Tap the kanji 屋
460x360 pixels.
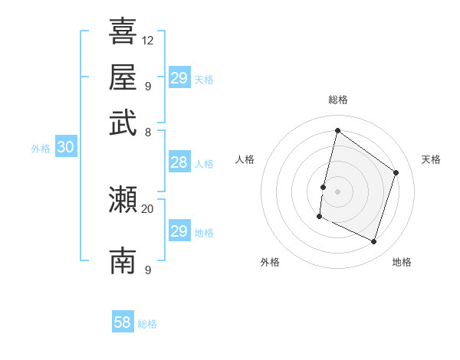pos(123,77)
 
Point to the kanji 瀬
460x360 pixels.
pos(123,200)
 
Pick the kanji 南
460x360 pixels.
pos(123,261)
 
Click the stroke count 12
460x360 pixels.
pos(148,40)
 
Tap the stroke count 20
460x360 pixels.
pos(148,208)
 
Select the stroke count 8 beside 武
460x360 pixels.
pos(147,132)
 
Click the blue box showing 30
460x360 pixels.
pos(65,148)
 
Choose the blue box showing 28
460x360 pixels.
pos(179,162)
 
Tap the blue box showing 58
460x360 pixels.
pos(123,322)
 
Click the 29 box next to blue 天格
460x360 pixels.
pos(179,78)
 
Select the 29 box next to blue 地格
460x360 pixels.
pos(179,231)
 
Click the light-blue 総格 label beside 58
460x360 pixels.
pos(147,324)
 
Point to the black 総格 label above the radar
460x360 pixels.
pos(337,100)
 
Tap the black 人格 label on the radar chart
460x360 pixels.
pos(245,159)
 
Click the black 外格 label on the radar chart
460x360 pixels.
pos(270,262)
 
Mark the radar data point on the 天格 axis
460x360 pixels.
pos(396,172)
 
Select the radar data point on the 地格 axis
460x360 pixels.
pos(374,242)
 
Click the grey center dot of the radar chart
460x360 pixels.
pos(337,191)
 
